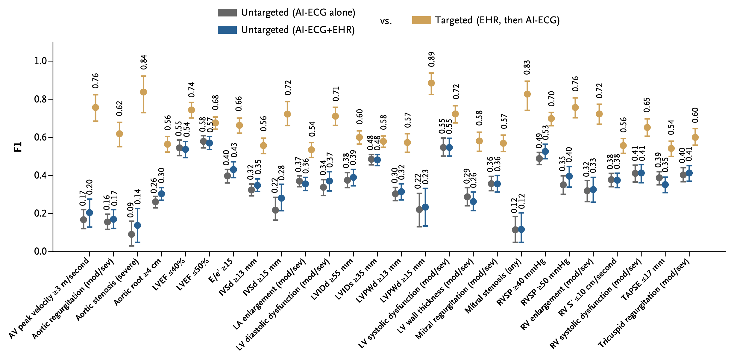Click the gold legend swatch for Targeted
[x=421, y=20]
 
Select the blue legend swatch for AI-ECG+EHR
[x=227, y=30]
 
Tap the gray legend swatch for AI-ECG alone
[x=227, y=12]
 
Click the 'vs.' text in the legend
[x=386, y=21]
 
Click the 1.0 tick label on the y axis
[x=41, y=61]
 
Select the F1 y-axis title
[x=18, y=147]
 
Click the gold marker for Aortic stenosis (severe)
[x=143, y=92]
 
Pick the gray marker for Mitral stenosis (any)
[x=515, y=230]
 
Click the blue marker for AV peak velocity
[x=90, y=213]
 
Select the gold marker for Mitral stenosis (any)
[x=527, y=94]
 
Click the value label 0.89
[x=432, y=59]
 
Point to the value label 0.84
[x=144, y=62]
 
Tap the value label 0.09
[x=131, y=210]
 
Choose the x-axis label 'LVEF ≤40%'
[x=169, y=274]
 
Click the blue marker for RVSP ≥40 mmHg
[x=545, y=152]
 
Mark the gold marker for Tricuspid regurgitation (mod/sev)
[x=695, y=137]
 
